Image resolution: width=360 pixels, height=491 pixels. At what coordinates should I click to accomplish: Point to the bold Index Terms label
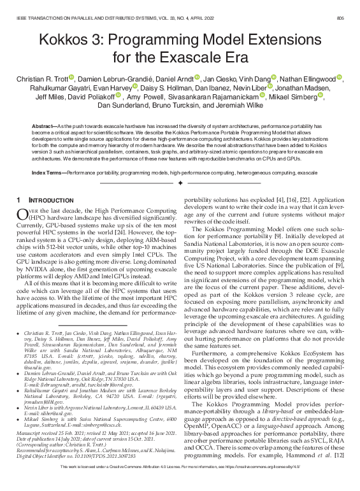pos(48,173)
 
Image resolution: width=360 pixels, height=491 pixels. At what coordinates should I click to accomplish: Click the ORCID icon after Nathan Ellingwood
pos(339,78)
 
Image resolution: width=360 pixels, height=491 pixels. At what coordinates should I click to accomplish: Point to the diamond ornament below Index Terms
pos(180,183)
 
